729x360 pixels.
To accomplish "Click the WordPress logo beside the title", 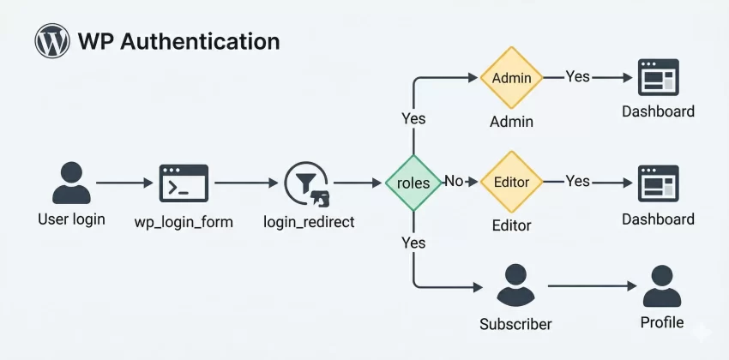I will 52,40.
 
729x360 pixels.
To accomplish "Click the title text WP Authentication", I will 178,41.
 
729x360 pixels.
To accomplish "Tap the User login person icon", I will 71,183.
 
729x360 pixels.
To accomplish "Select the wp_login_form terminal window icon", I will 184,183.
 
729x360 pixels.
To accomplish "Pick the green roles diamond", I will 413,183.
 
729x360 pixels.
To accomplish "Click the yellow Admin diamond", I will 511,78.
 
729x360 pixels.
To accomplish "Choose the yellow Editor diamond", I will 511,183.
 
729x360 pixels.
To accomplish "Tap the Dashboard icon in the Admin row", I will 658,77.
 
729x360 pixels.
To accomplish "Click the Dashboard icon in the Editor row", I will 658,183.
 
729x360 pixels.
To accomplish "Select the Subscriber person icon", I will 515,286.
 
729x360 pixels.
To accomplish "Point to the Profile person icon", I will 661,285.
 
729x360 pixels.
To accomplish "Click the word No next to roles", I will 454,182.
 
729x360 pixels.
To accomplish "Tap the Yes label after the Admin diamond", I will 578,76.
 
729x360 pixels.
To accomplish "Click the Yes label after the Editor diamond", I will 578,181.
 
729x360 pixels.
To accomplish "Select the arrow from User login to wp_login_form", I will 124,183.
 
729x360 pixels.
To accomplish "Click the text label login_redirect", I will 309,221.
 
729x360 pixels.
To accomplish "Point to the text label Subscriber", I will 515,325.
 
